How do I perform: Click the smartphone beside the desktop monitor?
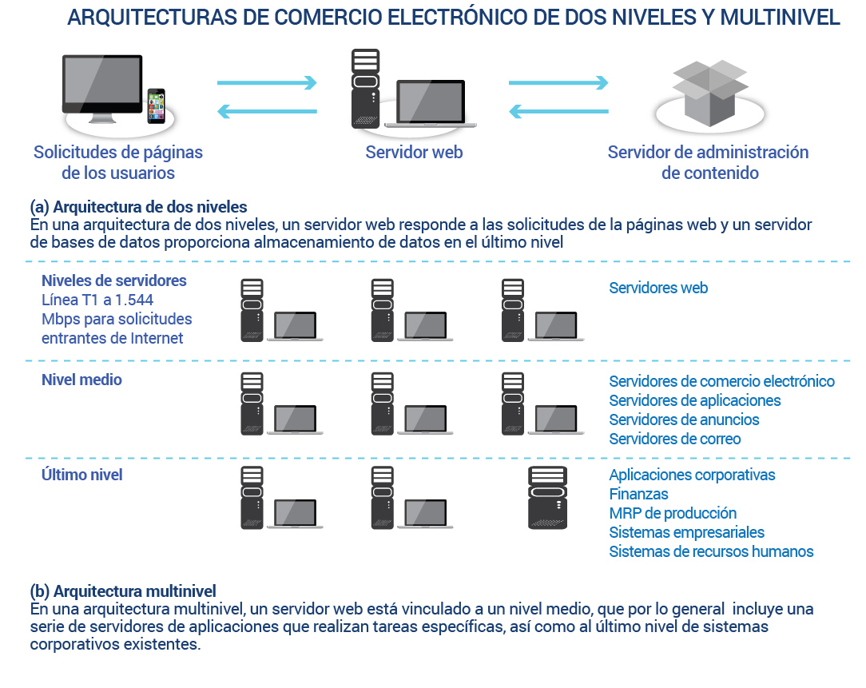pyautogui.click(x=157, y=105)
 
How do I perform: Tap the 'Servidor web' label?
pyautogui.click(x=414, y=152)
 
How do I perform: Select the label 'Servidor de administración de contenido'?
pyautogui.click(x=709, y=162)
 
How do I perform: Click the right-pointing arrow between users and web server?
pyautogui.click(x=267, y=83)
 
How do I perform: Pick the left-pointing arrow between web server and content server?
pyautogui.click(x=558, y=112)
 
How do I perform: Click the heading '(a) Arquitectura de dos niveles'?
pyautogui.click(x=139, y=207)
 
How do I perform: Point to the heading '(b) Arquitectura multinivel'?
pyautogui.click(x=123, y=591)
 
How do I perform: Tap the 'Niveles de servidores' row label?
pyautogui.click(x=114, y=280)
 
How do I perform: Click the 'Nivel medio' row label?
pyautogui.click(x=81, y=380)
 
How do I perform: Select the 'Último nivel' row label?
pyautogui.click(x=81, y=475)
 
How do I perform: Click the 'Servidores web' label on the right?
pyautogui.click(x=658, y=288)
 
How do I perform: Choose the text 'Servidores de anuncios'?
pyautogui.click(x=685, y=420)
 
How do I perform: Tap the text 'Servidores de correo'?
pyautogui.click(x=675, y=439)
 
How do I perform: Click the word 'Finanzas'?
pyautogui.click(x=638, y=494)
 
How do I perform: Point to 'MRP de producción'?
pyautogui.click(x=673, y=513)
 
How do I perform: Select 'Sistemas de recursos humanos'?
pyautogui.click(x=711, y=551)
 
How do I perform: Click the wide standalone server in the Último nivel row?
pyautogui.click(x=547, y=498)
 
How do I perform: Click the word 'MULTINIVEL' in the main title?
pyautogui.click(x=780, y=18)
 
